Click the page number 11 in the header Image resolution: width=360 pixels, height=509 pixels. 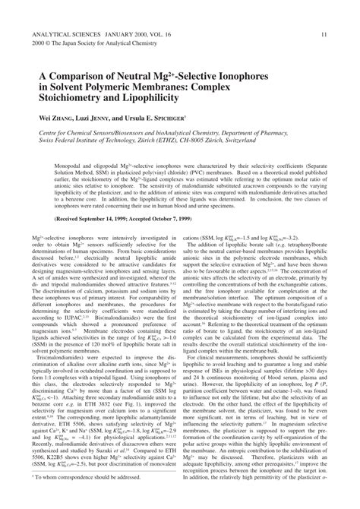pyautogui.click(x=324, y=34)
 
